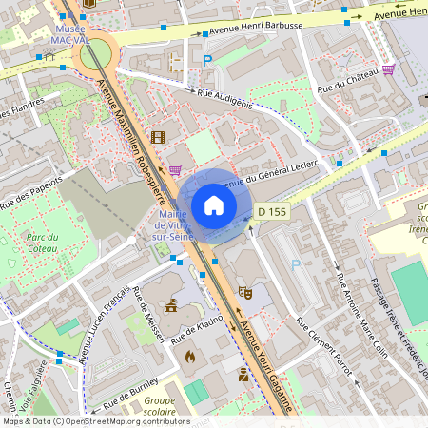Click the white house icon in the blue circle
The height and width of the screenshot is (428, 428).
(x=214, y=205)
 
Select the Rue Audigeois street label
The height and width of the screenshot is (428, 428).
(x=224, y=99)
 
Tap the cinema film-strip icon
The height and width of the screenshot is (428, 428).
(x=157, y=138)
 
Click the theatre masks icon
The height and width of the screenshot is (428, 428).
(x=244, y=292)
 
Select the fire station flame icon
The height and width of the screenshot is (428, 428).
(x=190, y=357)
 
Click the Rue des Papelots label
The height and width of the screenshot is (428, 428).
(x=30, y=191)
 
